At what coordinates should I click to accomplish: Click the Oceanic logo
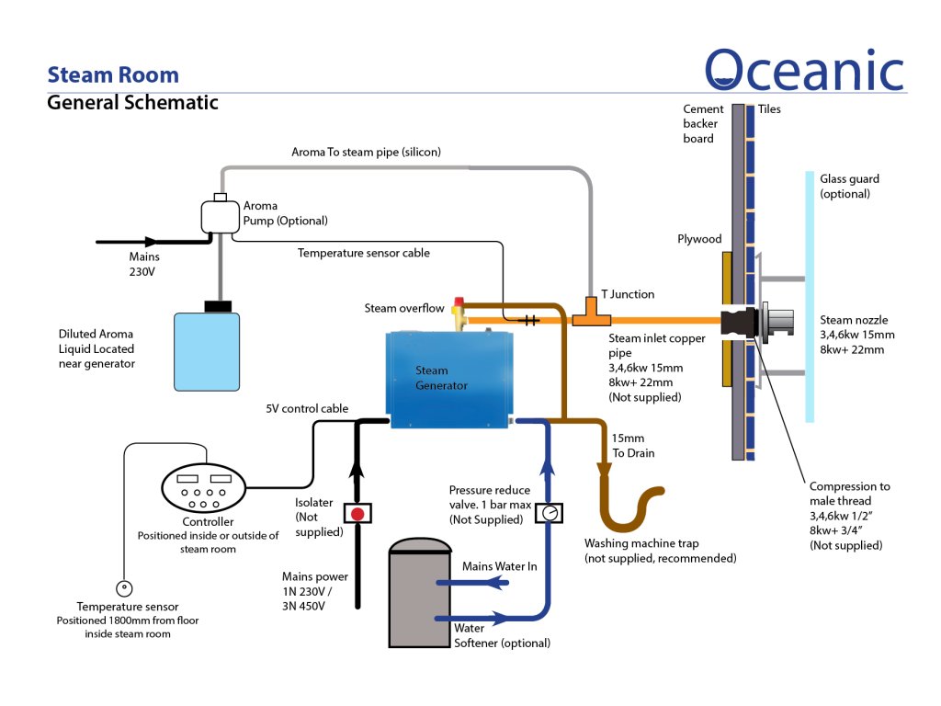(x=805, y=70)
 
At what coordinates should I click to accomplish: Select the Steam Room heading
(x=113, y=74)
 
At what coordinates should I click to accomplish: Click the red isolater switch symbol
(x=357, y=512)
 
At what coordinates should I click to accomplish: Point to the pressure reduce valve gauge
(x=549, y=512)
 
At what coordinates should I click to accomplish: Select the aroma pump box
(x=220, y=216)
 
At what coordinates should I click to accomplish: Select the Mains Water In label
(x=499, y=566)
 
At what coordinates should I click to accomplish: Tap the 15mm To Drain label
(x=633, y=446)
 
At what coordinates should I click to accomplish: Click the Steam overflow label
(x=404, y=308)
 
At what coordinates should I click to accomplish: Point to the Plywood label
(x=699, y=239)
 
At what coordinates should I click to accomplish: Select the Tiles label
(x=769, y=109)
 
